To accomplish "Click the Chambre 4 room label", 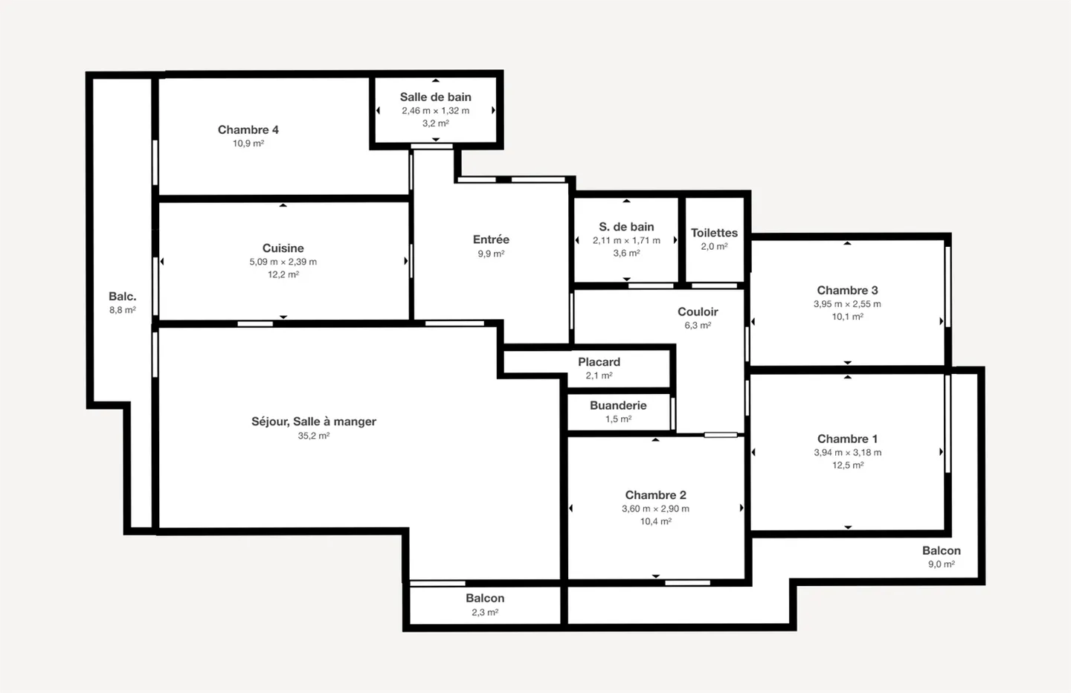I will [248, 129].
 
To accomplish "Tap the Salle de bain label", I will [435, 97].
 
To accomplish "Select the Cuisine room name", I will [283, 248].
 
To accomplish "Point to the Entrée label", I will [491, 239].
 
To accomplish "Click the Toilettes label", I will [714, 233].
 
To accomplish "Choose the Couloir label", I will [698, 312].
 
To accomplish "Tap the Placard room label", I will [599, 362].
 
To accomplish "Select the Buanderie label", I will [618, 405].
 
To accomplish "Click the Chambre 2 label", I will [655, 495].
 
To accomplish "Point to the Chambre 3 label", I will [847, 290].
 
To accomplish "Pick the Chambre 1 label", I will [847, 439].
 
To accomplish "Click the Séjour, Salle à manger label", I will [313, 422].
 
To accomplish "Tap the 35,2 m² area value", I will [313, 436].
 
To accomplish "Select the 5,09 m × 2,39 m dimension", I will [283, 262].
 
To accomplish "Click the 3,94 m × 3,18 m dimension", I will [847, 452].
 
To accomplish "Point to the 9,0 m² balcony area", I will [941, 564].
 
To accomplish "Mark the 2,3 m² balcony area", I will [484, 612].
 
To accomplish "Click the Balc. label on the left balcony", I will [122, 297].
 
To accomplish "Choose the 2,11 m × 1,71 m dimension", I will [626, 240].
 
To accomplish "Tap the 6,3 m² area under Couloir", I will [698, 325].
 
